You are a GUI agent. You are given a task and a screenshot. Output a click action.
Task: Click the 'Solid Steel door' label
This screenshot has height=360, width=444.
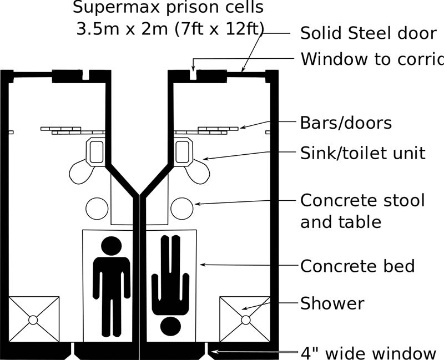368,33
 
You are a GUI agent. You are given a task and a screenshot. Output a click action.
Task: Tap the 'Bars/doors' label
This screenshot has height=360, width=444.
346,123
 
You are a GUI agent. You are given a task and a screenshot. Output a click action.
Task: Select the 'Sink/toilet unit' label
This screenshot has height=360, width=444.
362,153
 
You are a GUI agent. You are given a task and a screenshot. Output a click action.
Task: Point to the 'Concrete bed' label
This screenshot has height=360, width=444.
357,266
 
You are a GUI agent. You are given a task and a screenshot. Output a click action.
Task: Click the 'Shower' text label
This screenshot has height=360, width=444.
332,304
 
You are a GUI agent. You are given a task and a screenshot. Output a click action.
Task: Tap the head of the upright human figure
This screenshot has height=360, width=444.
112,245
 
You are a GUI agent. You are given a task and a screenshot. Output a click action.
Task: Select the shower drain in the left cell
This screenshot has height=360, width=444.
33,320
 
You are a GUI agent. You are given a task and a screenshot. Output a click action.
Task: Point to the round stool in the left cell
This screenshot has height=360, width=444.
97,209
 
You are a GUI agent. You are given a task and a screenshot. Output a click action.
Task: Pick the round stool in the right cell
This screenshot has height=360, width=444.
181,209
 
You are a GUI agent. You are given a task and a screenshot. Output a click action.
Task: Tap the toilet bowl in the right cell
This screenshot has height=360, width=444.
198,171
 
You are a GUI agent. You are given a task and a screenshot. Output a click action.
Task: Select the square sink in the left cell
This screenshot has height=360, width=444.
97,152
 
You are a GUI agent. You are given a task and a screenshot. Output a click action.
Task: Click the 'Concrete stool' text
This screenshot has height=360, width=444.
362,200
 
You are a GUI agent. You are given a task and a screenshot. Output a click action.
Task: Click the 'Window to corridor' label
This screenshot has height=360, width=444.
372,59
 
